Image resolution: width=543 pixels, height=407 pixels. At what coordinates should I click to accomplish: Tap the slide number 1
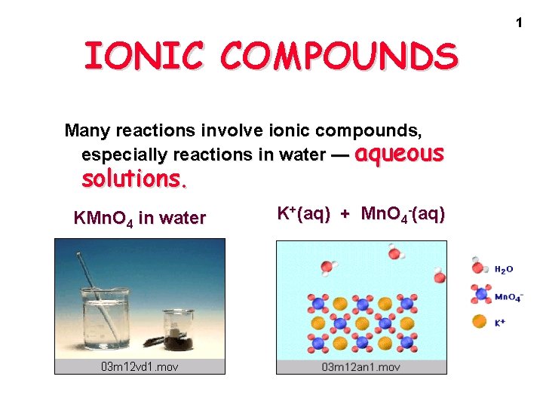519,23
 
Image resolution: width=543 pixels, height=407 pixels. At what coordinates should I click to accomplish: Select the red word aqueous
399,154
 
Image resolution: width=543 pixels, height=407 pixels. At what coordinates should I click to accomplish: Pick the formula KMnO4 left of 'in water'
103,219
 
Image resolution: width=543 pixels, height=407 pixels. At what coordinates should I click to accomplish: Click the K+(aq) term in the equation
303,214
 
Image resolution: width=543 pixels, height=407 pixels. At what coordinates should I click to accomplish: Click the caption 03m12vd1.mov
140,367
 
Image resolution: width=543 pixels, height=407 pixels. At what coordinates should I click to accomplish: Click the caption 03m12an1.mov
361,367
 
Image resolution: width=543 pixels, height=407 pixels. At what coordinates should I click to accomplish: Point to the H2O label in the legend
505,269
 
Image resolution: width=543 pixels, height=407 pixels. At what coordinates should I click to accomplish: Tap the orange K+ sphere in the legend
479,322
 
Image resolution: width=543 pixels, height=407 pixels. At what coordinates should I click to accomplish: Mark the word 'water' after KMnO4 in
183,219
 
